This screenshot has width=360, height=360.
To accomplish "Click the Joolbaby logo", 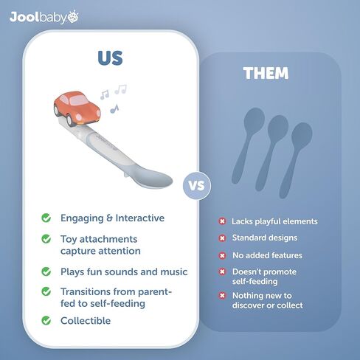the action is click(x=44, y=17).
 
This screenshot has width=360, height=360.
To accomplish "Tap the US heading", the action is click(x=110, y=58).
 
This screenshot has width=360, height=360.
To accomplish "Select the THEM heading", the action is click(x=266, y=73).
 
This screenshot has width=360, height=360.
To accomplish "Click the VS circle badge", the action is click(x=197, y=186).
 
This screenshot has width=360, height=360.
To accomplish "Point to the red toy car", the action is click(x=77, y=108).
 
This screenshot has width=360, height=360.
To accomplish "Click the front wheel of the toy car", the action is click(x=70, y=120).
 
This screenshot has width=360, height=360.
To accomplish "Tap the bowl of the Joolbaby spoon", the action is click(x=153, y=176).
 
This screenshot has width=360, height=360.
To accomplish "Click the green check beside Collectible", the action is click(x=46, y=320).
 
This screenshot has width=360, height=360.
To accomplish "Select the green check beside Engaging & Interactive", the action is click(x=46, y=218).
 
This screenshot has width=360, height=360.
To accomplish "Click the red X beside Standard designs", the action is click(x=222, y=238).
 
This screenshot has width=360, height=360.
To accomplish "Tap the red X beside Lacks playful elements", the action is click(x=222, y=221).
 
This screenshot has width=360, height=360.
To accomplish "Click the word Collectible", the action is click(x=86, y=321).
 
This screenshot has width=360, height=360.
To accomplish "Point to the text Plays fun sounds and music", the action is click(x=124, y=272).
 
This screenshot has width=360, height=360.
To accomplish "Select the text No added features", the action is click(x=267, y=255).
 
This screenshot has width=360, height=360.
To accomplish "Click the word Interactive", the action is click(x=140, y=218).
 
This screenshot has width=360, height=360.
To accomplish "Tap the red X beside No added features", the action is click(x=222, y=256).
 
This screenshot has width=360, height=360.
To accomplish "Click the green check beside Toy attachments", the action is click(x=46, y=239).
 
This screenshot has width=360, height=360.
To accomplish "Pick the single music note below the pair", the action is click(x=114, y=108).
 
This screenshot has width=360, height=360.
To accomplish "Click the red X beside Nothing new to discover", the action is click(x=222, y=296).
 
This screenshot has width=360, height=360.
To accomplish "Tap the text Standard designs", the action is click(x=265, y=238).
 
